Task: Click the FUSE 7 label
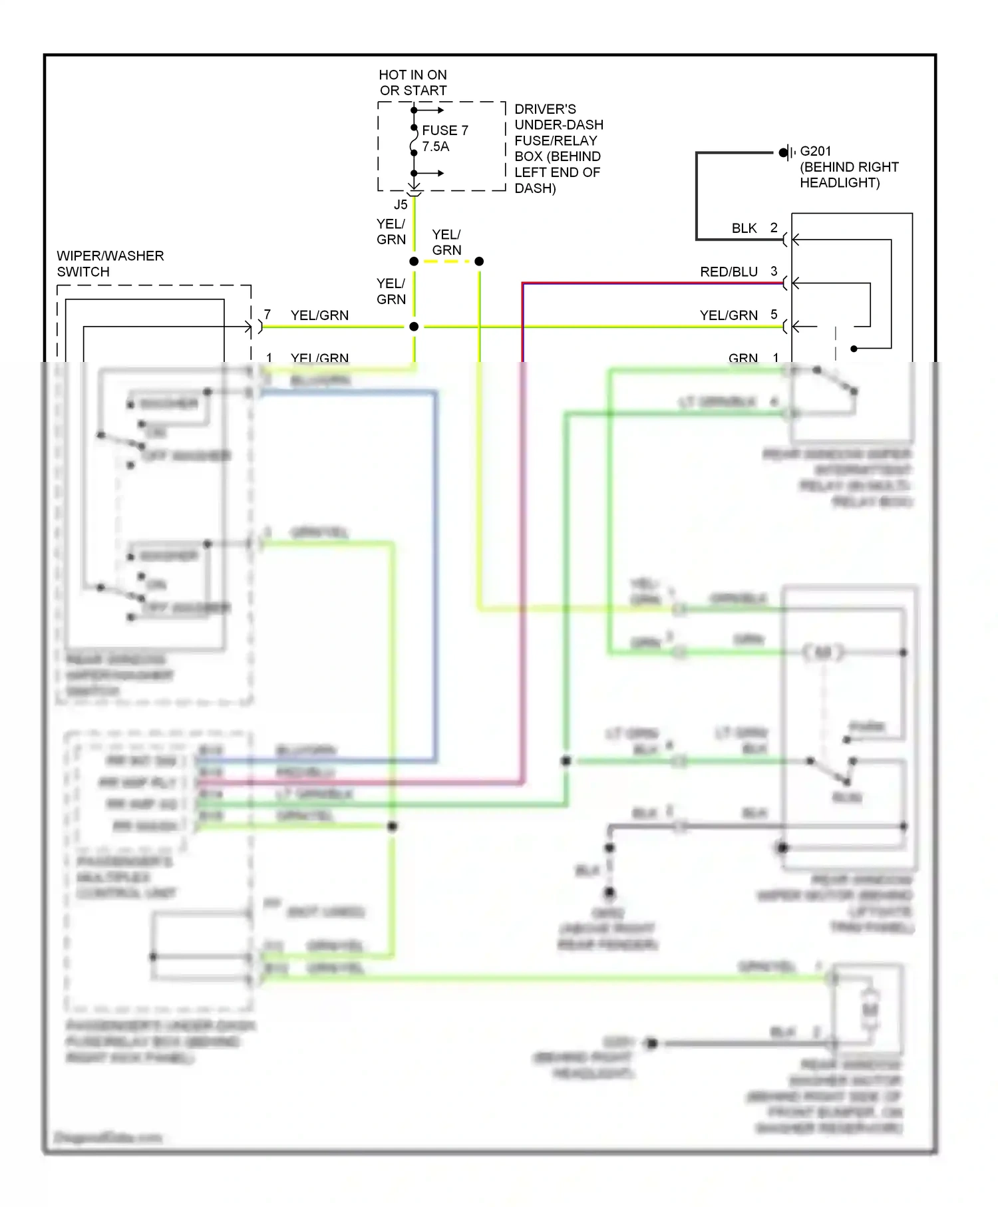tap(444, 130)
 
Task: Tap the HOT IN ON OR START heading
tap(413, 83)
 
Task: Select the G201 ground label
tap(815, 152)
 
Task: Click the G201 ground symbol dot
tap(783, 152)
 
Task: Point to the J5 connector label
tap(400, 205)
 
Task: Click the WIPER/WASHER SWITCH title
tap(110, 263)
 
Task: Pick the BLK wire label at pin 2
tap(744, 228)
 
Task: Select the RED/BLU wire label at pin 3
tap(729, 271)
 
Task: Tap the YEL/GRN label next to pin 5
tap(729, 315)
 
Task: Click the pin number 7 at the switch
tap(267, 314)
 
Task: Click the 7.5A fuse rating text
tap(436, 146)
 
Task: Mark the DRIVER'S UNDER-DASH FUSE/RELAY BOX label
tap(558, 148)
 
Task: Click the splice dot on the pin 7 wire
tap(414, 327)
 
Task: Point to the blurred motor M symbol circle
tap(823, 653)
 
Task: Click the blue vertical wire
tap(435, 572)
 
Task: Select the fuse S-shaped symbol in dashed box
tap(414, 142)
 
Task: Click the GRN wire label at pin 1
tap(743, 358)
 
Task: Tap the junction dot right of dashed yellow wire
tap(479, 261)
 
